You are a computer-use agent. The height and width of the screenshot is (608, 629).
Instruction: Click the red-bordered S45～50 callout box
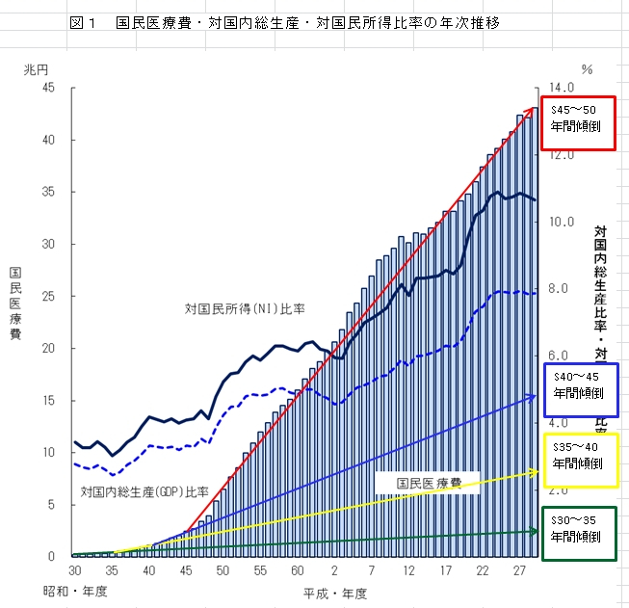pos(577,123)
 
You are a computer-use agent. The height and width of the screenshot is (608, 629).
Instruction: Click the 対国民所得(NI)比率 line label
pos(245,309)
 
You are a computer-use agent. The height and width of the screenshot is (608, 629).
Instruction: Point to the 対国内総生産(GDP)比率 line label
pos(144,490)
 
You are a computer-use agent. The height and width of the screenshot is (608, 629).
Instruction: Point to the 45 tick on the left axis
pos(48,88)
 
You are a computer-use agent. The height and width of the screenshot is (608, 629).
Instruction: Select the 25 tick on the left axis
pos(48,296)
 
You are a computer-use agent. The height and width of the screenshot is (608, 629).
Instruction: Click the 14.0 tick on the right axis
pos(563,88)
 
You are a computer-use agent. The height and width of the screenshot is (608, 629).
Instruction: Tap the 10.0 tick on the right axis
pos(563,222)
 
